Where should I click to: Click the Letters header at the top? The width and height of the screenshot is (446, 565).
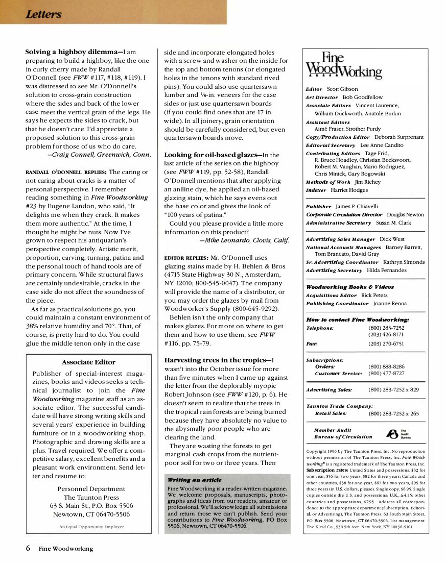click(x=43, y=14)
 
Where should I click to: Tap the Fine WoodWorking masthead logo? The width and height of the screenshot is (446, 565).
click(x=343, y=66)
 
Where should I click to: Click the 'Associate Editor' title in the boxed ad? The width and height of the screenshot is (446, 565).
click(x=88, y=362)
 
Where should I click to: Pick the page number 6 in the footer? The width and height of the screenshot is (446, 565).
click(x=28, y=549)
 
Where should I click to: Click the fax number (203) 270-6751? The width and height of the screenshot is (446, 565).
click(x=386, y=344)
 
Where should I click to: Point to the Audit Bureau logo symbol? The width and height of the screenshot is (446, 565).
click(x=392, y=433)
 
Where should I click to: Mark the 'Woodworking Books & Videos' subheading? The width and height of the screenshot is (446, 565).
click(x=349, y=287)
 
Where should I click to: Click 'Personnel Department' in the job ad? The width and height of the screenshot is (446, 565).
click(x=89, y=488)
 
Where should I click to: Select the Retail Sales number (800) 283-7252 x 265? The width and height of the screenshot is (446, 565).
click(x=393, y=413)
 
